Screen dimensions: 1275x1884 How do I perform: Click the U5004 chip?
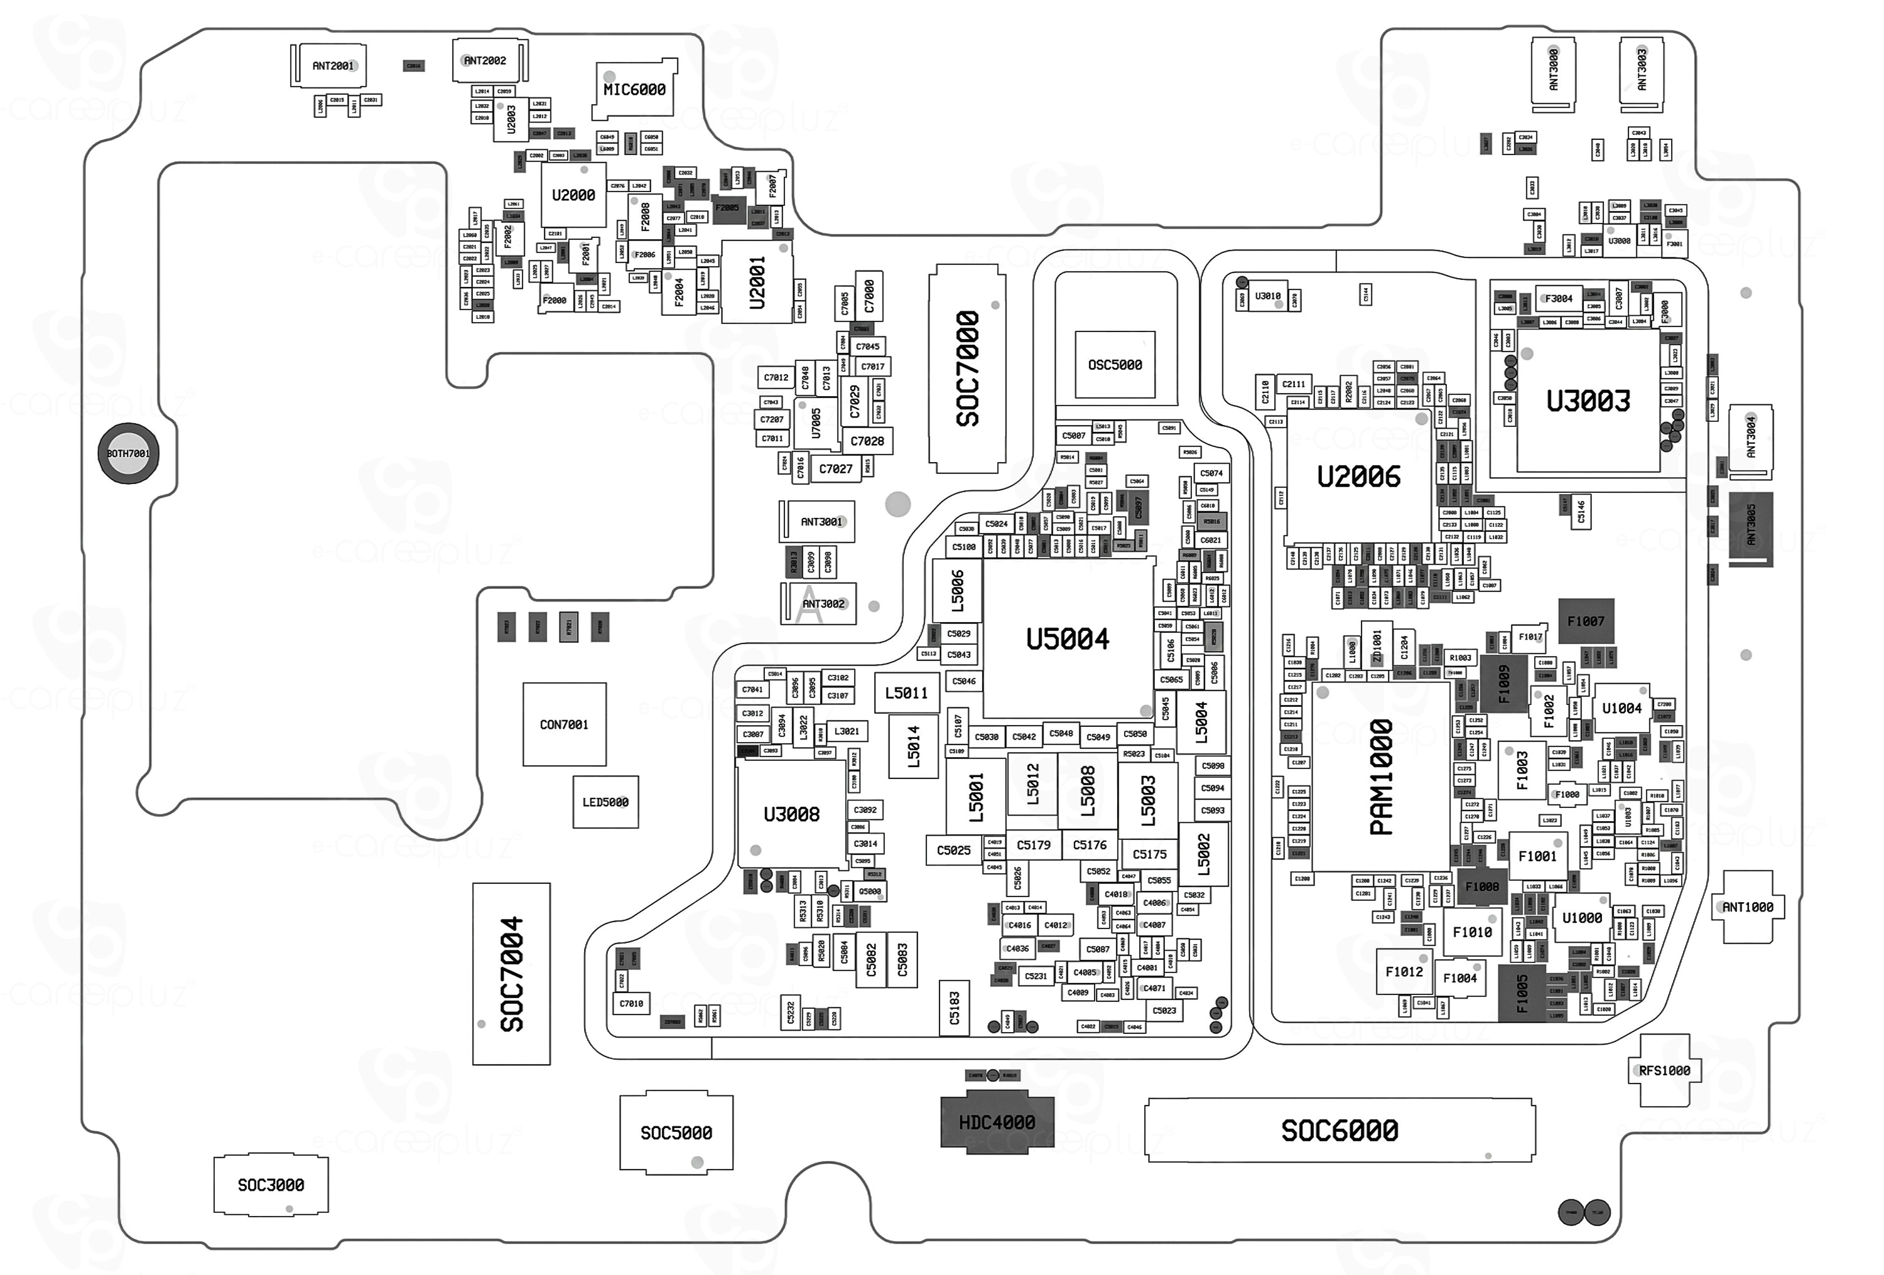pyautogui.click(x=1067, y=638)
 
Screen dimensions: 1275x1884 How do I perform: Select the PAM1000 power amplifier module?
pyautogui.click(x=1380, y=777)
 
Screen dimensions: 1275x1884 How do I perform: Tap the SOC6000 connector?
pyautogui.click(x=1340, y=1130)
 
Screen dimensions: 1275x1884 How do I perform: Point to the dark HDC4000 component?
pyautogui.click(x=996, y=1122)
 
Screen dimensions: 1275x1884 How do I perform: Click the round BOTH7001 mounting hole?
pyautogui.click(x=128, y=453)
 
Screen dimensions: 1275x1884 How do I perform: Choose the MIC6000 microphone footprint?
pyautogui.click(x=635, y=89)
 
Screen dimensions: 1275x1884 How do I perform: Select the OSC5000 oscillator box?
pyautogui.click(x=1115, y=365)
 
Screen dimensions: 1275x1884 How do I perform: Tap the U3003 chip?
pyautogui.click(x=1588, y=401)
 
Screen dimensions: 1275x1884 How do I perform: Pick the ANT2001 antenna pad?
pyautogui.click(x=332, y=66)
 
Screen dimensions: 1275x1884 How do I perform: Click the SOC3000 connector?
pyautogui.click(x=271, y=1185)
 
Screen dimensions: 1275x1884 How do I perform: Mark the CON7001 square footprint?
pyautogui.click(x=564, y=724)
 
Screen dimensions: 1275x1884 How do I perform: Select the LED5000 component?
pyautogui.click(x=605, y=802)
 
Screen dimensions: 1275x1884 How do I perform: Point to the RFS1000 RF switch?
pyautogui.click(x=1664, y=1071)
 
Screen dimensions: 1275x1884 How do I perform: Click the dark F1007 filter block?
pyautogui.click(x=1586, y=621)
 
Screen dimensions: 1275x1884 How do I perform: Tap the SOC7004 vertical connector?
pyautogui.click(x=512, y=974)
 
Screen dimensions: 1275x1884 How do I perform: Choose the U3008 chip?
pyautogui.click(x=791, y=814)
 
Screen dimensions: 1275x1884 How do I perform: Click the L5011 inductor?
pyautogui.click(x=906, y=693)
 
